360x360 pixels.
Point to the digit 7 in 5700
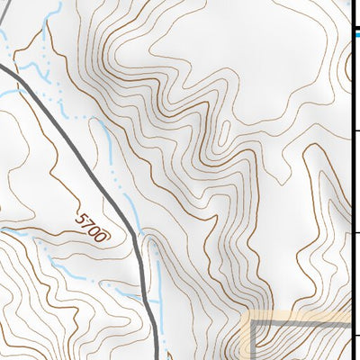[89, 223]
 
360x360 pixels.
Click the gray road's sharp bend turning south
[138, 237]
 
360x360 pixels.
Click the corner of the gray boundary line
[253, 321]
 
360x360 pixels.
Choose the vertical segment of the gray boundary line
[253, 342]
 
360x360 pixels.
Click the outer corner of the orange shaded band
[247, 315]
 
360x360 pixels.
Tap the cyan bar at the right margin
[355, 35]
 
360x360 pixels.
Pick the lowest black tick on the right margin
[355, 336]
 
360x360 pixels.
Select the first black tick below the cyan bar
[355, 130]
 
